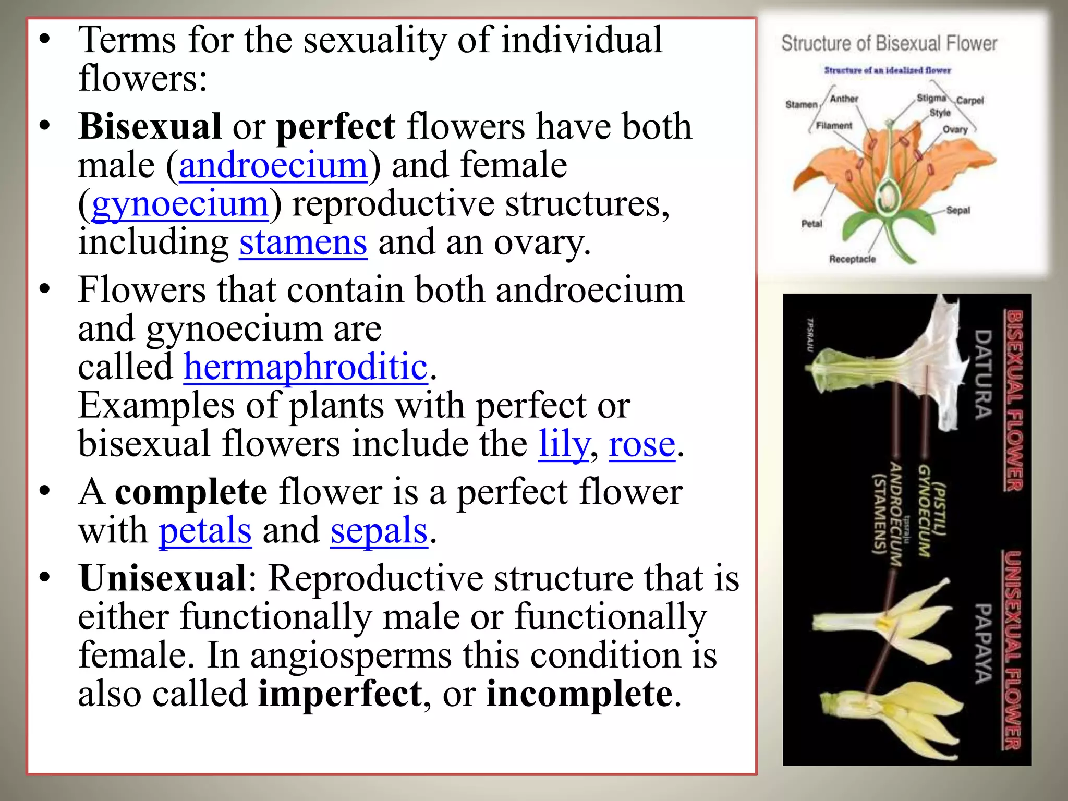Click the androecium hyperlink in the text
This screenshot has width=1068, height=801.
tap(273, 165)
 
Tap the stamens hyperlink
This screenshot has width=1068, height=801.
tap(303, 242)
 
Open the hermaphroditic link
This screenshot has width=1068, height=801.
tap(306, 367)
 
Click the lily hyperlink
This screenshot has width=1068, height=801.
tap(564, 444)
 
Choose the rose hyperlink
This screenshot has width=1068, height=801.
tap(642, 444)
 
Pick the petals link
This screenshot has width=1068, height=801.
tap(205, 530)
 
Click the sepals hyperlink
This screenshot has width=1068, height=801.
tap(379, 530)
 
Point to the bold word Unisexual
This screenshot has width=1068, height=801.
tap(163, 578)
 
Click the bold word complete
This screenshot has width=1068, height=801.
tap(191, 492)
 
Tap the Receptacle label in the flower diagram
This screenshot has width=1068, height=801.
tap(852, 259)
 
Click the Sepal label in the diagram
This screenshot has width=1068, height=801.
tap(958, 210)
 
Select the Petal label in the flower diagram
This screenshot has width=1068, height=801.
tap(811, 224)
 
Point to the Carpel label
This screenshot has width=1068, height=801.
tap(969, 101)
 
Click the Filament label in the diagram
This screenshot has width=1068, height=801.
tap(834, 126)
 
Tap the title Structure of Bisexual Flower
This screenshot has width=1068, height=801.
tap(889, 44)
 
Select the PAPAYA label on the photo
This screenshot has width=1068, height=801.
tap(983, 643)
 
